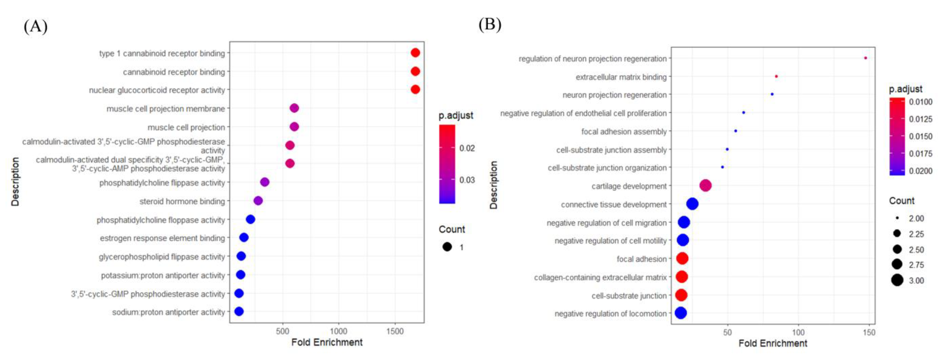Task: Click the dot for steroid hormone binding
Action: tap(258, 201)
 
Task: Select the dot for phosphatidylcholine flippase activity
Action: tap(265, 182)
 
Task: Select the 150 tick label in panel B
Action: tap(869, 332)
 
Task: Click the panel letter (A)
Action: tap(36, 26)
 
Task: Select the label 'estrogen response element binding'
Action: tap(162, 238)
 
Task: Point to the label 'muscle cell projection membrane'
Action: tap(166, 109)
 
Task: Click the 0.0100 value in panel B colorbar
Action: tap(920, 102)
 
